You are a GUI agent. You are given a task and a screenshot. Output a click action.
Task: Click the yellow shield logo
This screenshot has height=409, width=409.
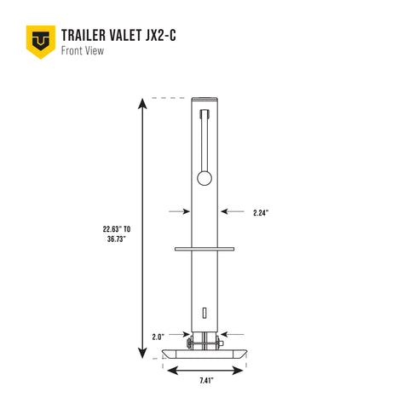[x=40, y=41]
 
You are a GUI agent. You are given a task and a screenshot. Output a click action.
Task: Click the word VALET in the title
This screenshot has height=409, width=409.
[x=133, y=35]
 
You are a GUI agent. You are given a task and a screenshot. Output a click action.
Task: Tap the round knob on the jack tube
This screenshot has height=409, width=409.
[x=204, y=177]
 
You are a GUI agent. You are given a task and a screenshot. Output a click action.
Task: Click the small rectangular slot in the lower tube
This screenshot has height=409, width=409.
[x=204, y=310]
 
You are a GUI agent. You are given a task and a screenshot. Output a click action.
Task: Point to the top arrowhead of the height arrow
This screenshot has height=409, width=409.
[x=142, y=103]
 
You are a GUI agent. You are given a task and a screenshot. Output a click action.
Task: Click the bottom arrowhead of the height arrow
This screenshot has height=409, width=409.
[x=142, y=354]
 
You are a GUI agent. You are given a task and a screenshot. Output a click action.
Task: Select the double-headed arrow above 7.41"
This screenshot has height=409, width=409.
[x=206, y=369]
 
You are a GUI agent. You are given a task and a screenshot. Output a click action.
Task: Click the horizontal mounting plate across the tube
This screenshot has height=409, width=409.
[x=204, y=249]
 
